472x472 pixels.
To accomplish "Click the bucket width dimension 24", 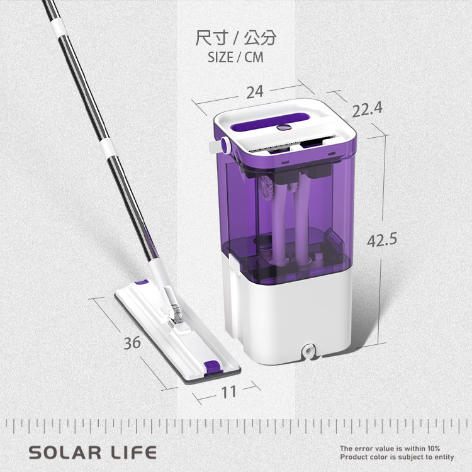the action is pyautogui.click(x=255, y=92).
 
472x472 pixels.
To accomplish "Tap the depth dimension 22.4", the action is pyautogui.click(x=368, y=109).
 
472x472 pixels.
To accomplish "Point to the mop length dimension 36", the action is pyautogui.click(x=132, y=342).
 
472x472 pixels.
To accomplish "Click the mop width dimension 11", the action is pyautogui.click(x=229, y=392).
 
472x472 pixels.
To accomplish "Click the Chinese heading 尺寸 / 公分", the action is pyautogui.click(x=236, y=38).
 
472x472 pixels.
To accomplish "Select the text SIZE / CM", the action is pyautogui.click(x=236, y=57).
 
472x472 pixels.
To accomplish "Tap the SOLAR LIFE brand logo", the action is pyautogui.click(x=93, y=452).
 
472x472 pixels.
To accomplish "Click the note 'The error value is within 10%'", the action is pyautogui.click(x=390, y=448).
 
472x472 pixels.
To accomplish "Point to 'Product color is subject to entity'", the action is pyautogui.click(x=397, y=457).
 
